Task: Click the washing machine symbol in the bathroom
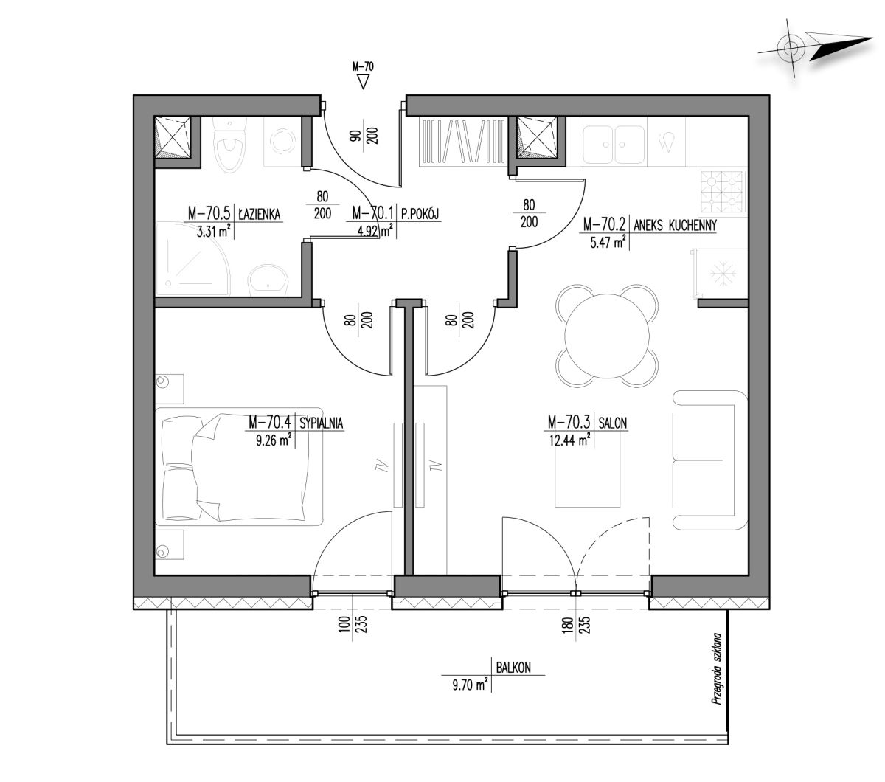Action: coord(282,142)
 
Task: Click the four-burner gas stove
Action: coord(721,192)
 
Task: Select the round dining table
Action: coord(607,335)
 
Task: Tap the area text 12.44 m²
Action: coord(569,439)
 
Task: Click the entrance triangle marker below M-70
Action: coord(363,81)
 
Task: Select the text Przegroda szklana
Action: coord(716,669)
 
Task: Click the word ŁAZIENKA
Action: coord(259,214)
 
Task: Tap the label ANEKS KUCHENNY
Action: coord(675,225)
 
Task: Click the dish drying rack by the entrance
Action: coord(463,142)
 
